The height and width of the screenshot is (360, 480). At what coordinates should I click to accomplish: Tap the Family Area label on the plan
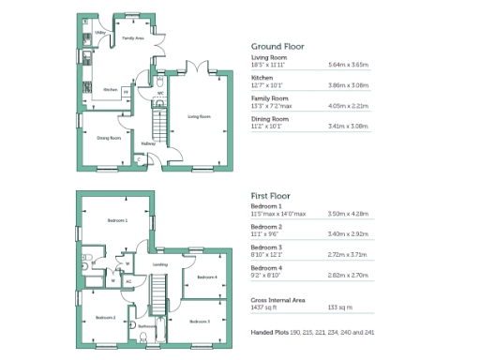tap(132, 38)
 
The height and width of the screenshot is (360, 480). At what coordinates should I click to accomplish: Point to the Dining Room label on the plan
tap(110, 138)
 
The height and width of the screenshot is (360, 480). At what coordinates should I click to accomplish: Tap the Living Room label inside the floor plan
tap(199, 116)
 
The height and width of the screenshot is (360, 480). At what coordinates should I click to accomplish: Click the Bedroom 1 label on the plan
tap(116, 220)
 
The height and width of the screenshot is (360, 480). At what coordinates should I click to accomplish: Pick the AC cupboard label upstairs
tap(127, 280)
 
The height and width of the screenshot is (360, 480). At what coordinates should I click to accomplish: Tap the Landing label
tap(159, 265)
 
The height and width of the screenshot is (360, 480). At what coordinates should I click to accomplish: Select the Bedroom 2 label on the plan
tap(105, 318)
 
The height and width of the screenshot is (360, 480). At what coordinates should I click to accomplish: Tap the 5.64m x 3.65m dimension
tap(349, 66)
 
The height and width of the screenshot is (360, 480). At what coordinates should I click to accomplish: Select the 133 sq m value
tap(339, 307)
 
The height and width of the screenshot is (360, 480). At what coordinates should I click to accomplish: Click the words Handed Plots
tap(270, 333)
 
